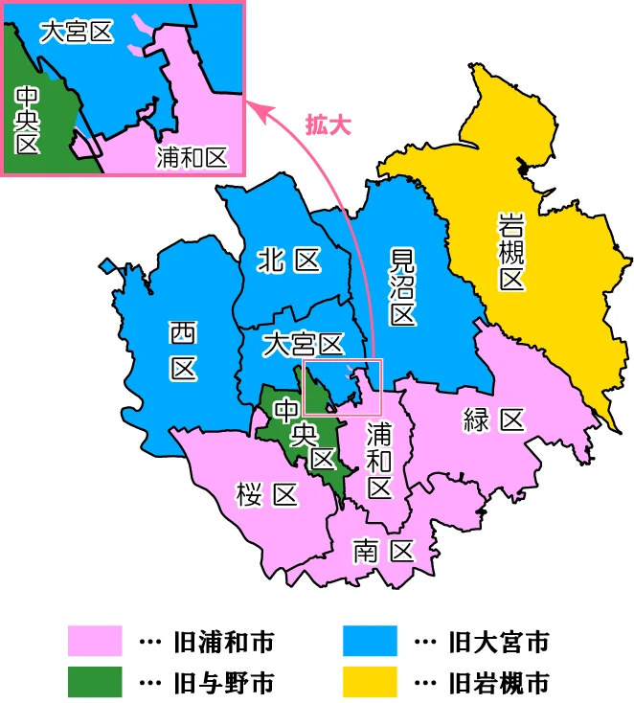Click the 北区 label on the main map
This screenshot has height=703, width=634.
pyautogui.click(x=288, y=260)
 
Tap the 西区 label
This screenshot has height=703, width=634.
pyautogui.click(x=182, y=350)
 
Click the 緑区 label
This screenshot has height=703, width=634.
pyautogui.click(x=492, y=419)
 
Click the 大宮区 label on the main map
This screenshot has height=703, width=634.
pyautogui.click(x=303, y=342)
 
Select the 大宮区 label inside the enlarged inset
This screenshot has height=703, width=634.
pyautogui.click(x=77, y=31)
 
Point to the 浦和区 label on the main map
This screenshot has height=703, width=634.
pyautogui.click(x=380, y=461)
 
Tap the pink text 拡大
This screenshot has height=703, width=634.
pyautogui.click(x=328, y=124)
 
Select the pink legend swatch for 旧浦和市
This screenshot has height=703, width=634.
pyautogui.click(x=95, y=641)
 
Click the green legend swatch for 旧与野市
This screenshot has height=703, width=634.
pyautogui.click(x=95, y=682)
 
